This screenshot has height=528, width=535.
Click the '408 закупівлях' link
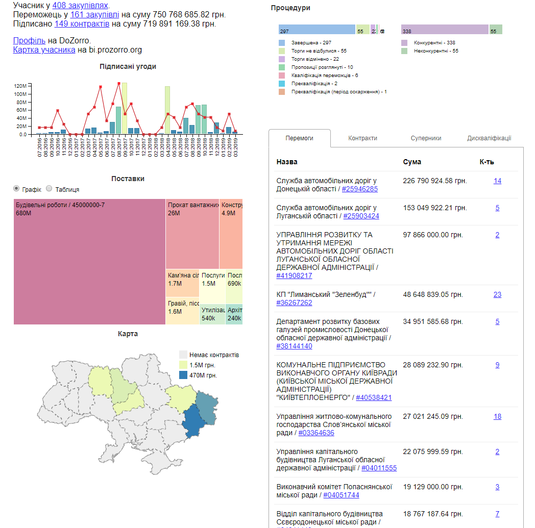[x=87, y=5]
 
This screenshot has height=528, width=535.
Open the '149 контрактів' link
[x=82, y=23]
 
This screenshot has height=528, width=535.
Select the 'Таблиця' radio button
[x=50, y=189]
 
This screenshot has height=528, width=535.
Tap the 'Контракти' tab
[x=362, y=138]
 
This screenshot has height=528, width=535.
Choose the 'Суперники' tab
[x=426, y=138]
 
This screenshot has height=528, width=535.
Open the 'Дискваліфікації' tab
[x=489, y=138]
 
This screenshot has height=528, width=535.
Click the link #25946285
[x=359, y=189]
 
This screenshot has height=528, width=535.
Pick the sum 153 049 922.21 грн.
[x=434, y=208]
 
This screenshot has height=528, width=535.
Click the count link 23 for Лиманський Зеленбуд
[x=497, y=294]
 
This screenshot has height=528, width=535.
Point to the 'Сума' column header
[x=412, y=162]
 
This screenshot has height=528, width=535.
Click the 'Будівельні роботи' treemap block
[x=89, y=261]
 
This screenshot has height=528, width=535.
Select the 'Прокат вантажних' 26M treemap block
[x=192, y=234]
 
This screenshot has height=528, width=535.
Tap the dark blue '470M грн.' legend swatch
[x=183, y=375]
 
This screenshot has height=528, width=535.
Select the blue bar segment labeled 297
[x=317, y=30]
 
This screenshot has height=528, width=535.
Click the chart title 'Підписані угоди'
[x=128, y=66]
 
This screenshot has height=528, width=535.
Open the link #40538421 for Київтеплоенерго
[x=374, y=397]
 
